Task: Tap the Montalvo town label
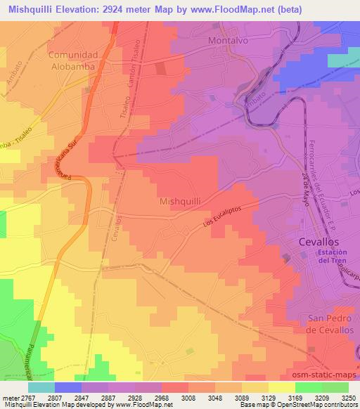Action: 230,41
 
